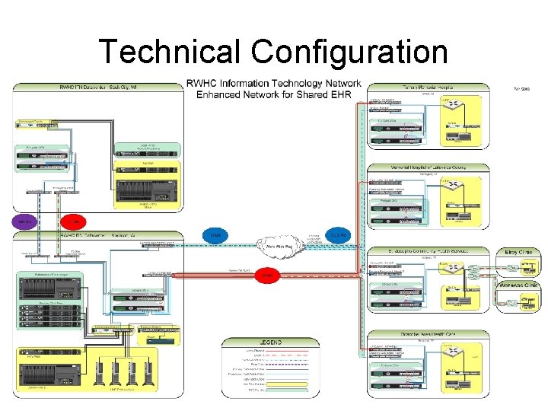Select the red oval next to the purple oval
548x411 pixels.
(72, 221)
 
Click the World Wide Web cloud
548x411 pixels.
(282, 246)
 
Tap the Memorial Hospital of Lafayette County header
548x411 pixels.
(419, 167)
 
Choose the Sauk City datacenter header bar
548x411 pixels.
(97, 87)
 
